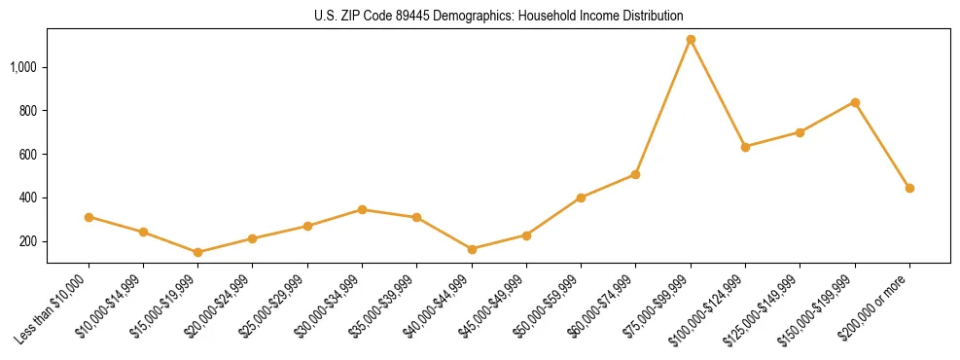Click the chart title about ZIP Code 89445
coord(498,16)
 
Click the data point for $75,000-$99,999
coord(691,40)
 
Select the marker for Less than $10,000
coord(89,217)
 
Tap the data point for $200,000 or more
coord(909,188)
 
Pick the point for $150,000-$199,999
coord(855,102)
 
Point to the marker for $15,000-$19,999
coord(197,252)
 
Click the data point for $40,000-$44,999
coord(472,249)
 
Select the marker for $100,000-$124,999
coord(745,147)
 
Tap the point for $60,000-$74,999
coord(635,174)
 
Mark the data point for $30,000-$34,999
coord(362,209)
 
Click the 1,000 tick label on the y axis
coord(24,67)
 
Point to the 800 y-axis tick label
coord(28,111)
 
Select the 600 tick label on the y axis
coord(28,155)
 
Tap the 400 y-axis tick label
coord(28,198)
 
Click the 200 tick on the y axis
coord(28,241)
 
